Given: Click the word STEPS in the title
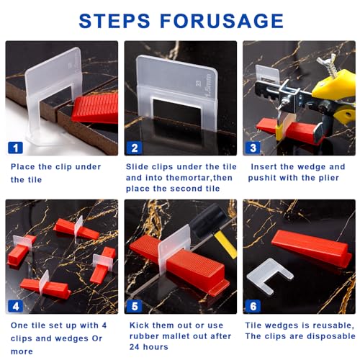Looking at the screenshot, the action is click(x=114, y=21).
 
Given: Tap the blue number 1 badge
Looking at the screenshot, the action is click(x=15, y=148).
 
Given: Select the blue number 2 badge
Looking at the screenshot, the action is click(x=135, y=148).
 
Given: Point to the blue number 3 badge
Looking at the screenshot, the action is click(x=253, y=148).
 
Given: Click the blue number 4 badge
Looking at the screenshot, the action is click(x=15, y=306).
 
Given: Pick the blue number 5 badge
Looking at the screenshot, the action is click(x=135, y=306).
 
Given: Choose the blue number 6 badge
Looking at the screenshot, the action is click(x=253, y=306).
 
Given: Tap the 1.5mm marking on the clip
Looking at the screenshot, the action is click(x=209, y=86).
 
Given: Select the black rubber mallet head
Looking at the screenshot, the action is click(x=208, y=220).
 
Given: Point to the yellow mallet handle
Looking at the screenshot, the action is click(x=225, y=244).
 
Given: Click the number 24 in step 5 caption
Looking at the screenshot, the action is click(x=135, y=347).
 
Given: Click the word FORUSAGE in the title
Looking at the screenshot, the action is click(x=222, y=21).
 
